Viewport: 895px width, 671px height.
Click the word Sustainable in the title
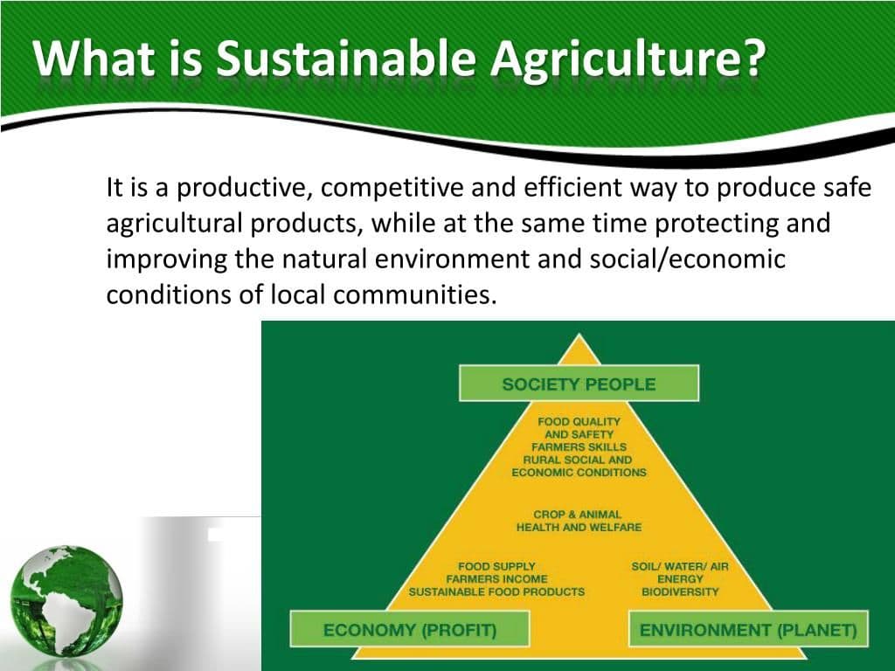[x=346, y=58]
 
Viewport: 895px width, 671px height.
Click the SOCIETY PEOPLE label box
[x=579, y=384]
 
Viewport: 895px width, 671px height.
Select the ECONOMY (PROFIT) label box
[x=410, y=629]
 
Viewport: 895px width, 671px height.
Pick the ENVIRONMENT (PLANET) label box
[x=748, y=629]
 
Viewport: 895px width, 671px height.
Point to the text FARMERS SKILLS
[x=579, y=446]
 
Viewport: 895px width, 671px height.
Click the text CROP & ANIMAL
[x=579, y=515]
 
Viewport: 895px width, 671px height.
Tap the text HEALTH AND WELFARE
[x=579, y=528]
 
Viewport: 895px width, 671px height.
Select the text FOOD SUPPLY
[x=496, y=566]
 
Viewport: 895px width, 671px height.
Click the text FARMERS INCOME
[x=496, y=579]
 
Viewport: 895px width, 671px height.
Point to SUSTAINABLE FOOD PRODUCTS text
[x=496, y=592]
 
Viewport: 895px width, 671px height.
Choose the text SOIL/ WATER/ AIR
[x=680, y=566]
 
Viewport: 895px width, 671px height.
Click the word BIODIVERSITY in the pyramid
[x=680, y=592]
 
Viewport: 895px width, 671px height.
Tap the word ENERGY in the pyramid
[x=680, y=579]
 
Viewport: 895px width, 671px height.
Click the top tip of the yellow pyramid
[x=579, y=335]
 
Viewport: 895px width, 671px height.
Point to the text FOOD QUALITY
[x=579, y=421]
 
